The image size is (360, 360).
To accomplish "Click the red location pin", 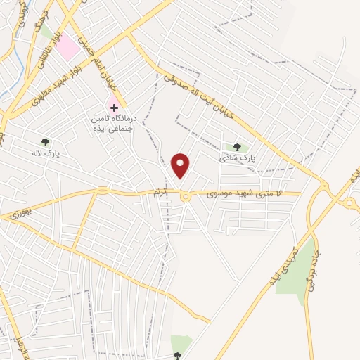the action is point(181,165).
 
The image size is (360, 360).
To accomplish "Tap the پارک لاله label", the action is point(46,153).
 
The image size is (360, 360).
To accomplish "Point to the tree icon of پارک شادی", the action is point(236,147).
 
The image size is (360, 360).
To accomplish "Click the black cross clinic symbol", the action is point(112,107).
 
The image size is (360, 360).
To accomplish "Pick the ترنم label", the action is point(162,192).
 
